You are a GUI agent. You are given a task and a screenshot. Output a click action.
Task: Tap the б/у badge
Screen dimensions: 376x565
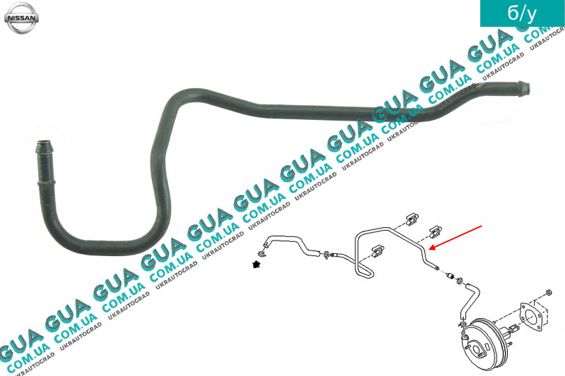click(522, 14)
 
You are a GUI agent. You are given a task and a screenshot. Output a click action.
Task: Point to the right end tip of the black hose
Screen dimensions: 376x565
click(525, 87)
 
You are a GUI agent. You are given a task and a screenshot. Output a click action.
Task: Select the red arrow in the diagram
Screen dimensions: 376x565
click(459, 236)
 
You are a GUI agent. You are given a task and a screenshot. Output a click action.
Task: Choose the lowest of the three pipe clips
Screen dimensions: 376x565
click(381, 251)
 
